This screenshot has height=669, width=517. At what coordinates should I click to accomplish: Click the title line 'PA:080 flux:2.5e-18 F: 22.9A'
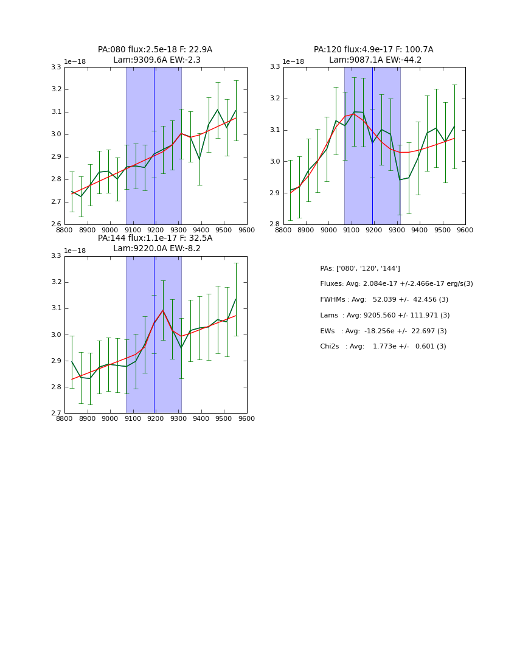click(155, 50)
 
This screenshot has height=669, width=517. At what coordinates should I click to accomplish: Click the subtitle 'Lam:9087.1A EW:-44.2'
click(375, 60)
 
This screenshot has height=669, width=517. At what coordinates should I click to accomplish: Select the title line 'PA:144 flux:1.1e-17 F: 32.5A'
click(155, 238)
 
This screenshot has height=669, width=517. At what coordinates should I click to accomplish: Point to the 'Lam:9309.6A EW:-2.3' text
click(156, 60)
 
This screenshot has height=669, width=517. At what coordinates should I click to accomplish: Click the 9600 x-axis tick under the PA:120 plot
click(465, 231)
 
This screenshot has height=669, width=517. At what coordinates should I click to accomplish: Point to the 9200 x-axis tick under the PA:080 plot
click(156, 231)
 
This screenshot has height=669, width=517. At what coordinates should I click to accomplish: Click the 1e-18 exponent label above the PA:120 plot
click(293, 62)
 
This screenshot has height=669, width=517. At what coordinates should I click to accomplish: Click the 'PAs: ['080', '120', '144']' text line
click(360, 268)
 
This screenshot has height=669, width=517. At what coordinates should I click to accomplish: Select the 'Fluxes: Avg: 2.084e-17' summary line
click(396, 284)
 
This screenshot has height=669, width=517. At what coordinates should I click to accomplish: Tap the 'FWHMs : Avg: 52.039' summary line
click(384, 300)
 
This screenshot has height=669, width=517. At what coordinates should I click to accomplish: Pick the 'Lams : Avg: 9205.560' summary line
click(384, 316)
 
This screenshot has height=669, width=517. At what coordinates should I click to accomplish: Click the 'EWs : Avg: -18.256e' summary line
click(383, 331)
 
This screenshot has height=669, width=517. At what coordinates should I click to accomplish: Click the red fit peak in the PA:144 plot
click(162, 311)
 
